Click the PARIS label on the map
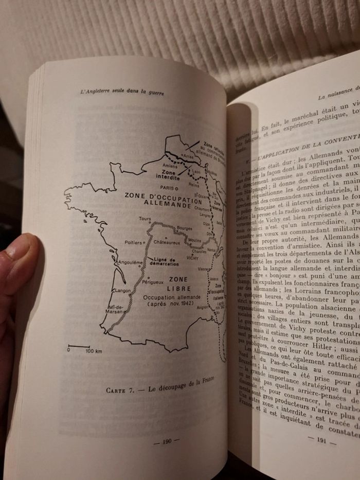(x=166, y=188)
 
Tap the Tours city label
(x=145, y=219)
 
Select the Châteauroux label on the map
(x=167, y=241)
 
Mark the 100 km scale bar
(x=79, y=347)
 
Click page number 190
(x=166, y=441)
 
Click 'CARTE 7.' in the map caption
(x=121, y=390)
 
